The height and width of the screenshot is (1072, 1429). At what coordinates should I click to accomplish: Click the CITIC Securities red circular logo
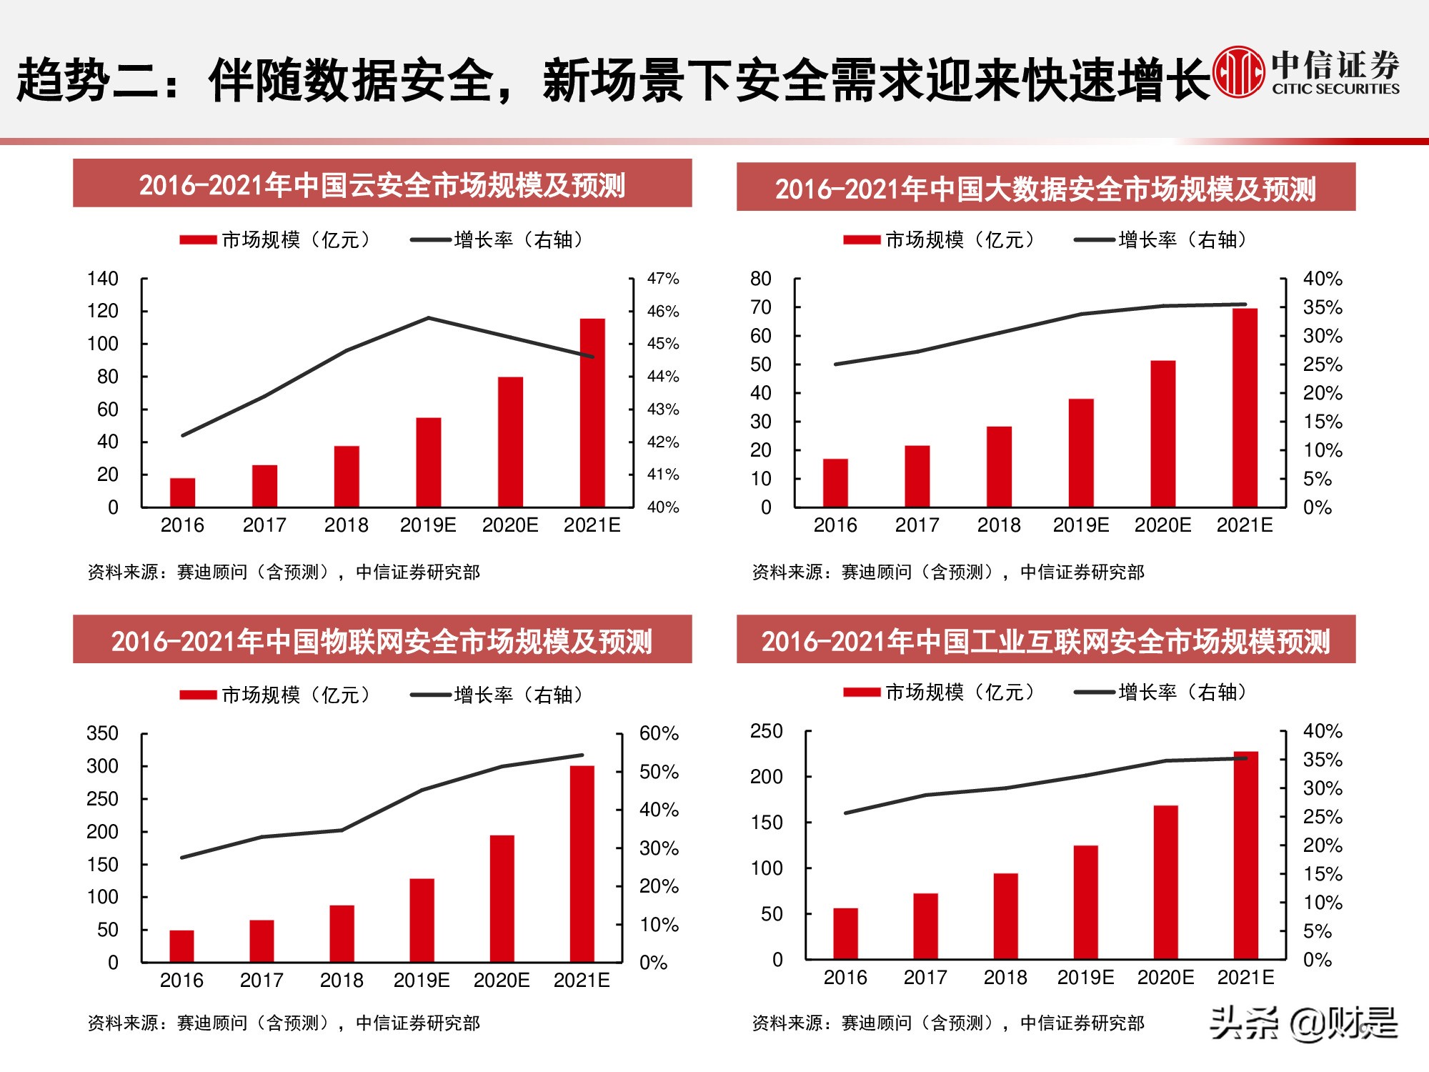coord(1239,72)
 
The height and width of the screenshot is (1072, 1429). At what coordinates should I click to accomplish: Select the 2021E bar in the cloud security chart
coord(592,412)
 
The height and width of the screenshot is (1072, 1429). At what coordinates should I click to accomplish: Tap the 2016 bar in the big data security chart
coord(835,482)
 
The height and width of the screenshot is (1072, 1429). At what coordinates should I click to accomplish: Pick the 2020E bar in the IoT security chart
coord(502,898)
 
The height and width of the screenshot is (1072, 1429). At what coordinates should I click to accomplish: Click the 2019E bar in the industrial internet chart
coord(1085,902)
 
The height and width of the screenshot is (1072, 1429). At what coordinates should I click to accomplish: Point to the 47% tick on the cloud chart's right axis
coord(662,279)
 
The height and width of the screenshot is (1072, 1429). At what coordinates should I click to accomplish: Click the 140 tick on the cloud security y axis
coord(103,279)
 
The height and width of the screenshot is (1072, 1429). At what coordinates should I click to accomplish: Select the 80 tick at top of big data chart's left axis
coord(760,279)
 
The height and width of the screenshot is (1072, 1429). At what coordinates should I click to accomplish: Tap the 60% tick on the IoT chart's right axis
coord(658,733)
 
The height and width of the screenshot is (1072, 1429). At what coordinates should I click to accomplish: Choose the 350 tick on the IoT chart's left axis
coord(102,733)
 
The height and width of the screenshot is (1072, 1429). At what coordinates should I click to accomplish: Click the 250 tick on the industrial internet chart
coord(766,730)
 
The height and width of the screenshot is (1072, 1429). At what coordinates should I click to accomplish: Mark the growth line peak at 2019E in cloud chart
coord(428,318)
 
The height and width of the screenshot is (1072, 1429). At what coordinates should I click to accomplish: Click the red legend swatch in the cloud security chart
coord(198,240)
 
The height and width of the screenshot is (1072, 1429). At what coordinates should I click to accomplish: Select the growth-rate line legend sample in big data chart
coord(1094,240)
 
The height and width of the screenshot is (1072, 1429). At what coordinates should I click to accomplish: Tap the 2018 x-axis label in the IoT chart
coord(342,981)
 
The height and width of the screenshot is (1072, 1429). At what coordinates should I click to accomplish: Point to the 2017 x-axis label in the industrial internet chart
coord(925,978)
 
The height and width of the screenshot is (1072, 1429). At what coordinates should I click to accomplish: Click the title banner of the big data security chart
coord(1045,187)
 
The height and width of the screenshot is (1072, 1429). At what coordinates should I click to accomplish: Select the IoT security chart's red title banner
coord(382,640)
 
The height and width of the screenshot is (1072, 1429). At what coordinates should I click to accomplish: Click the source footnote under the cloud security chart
coord(284,572)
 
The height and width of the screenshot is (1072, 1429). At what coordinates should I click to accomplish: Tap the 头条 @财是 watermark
coord(1303,1023)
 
